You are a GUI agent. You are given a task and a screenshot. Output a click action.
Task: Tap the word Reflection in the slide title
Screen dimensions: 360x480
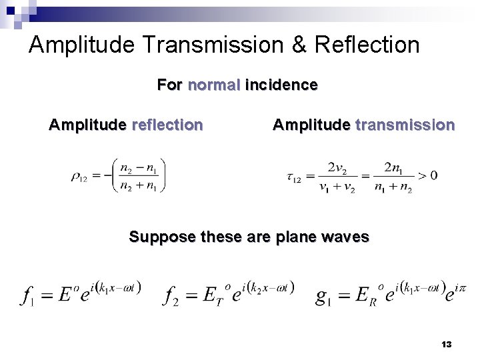[x=367, y=45]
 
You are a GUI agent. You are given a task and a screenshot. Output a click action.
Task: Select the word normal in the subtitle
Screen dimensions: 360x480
[x=214, y=85]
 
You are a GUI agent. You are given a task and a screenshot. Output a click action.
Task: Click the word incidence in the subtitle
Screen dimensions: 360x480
[x=281, y=85]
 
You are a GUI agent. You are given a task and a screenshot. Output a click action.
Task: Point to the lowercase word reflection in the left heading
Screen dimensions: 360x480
[x=167, y=125]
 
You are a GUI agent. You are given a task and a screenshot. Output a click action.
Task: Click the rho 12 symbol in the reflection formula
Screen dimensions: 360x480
[x=78, y=177]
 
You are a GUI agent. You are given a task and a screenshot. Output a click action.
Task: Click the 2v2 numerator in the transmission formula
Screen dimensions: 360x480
[x=340, y=167]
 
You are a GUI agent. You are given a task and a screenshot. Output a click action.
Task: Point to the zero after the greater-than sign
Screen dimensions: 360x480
[x=434, y=176]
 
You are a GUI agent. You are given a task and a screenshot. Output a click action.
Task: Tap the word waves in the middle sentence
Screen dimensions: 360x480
[x=345, y=237]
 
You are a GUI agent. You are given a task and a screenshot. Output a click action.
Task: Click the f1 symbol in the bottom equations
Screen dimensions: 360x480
[x=27, y=294]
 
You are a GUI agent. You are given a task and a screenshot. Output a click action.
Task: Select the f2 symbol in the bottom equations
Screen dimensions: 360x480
[x=170, y=294]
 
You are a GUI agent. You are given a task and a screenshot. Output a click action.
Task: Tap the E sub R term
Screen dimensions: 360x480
[x=364, y=294]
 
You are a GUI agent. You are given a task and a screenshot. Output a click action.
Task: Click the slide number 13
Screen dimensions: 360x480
[x=447, y=344]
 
